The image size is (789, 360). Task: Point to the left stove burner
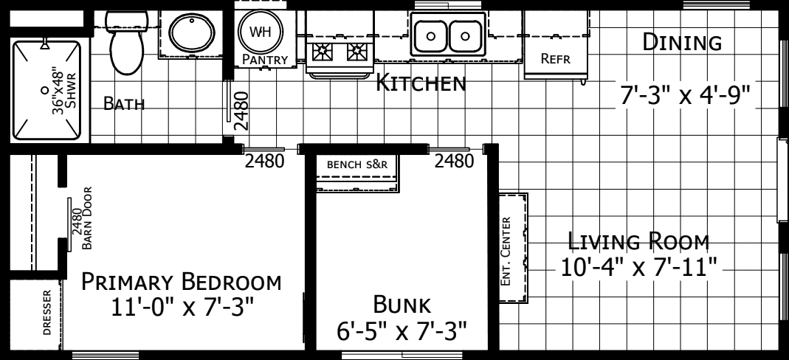[x=323, y=52]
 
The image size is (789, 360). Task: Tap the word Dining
[x=681, y=43]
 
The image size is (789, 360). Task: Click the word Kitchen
[x=421, y=84]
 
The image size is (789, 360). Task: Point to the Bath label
[x=123, y=104]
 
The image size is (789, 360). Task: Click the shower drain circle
[x=46, y=89]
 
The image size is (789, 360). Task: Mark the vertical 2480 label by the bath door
[x=239, y=111]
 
